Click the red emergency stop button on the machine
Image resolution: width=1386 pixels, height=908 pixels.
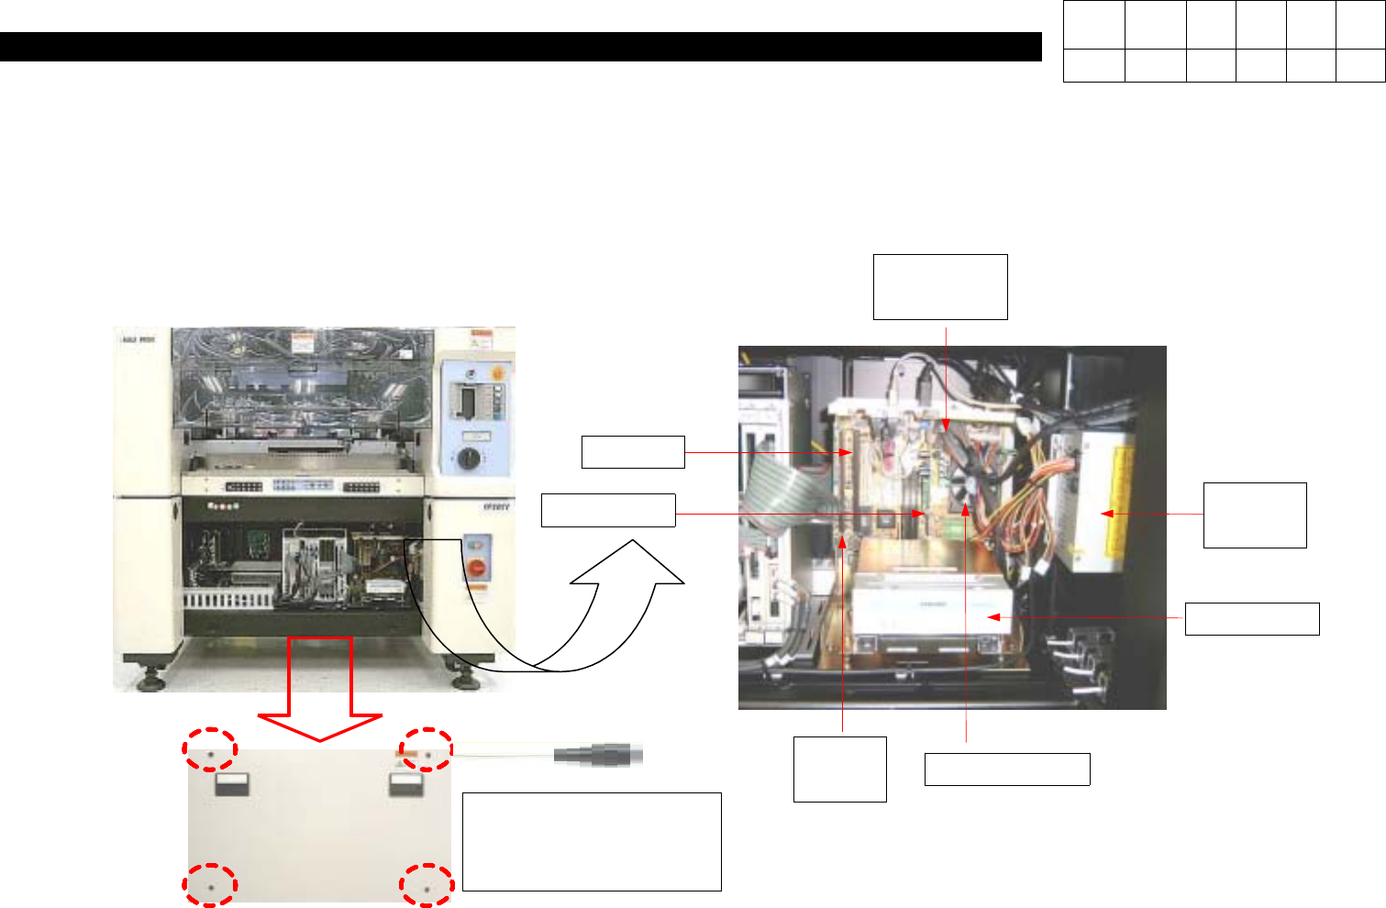click(477, 568)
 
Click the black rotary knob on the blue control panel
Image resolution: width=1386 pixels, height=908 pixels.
click(469, 459)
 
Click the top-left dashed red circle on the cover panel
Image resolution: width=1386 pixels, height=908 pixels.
click(209, 748)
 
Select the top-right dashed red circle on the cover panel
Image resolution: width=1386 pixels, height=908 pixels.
click(427, 749)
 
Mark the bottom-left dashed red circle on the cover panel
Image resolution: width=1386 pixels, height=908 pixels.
click(210, 886)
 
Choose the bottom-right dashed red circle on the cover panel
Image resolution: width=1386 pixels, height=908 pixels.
click(427, 886)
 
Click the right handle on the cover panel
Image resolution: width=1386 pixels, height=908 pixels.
click(406, 783)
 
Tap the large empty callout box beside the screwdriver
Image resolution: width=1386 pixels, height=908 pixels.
click(592, 841)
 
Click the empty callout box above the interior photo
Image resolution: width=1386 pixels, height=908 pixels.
click(940, 287)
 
